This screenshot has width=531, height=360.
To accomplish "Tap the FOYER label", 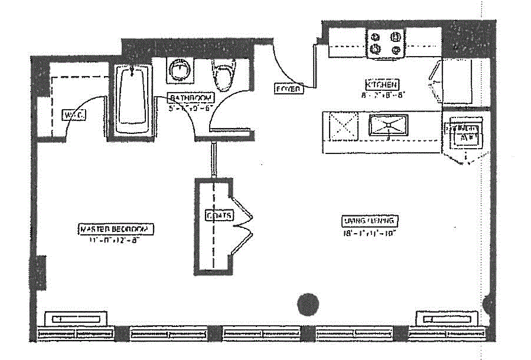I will [x=288, y=89].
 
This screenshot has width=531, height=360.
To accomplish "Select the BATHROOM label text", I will [x=190, y=97].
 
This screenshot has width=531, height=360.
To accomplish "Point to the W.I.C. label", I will [x=74, y=115].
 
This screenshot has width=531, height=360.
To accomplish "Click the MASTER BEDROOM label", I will [x=116, y=229].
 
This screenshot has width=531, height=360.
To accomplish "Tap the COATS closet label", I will [x=219, y=215].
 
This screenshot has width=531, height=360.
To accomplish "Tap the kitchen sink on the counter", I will [x=387, y=125].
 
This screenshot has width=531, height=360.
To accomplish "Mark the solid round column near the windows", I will [x=307, y=305].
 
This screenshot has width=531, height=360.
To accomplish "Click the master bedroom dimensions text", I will [x=116, y=240].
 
